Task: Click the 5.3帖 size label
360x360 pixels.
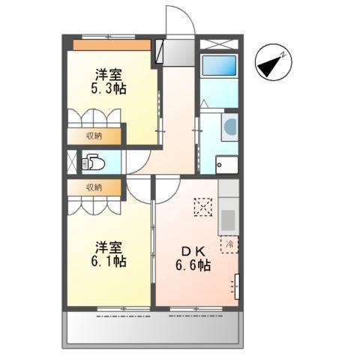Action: click(109, 88)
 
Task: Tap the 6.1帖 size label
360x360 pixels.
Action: click(109, 262)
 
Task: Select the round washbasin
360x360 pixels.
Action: click(230, 125)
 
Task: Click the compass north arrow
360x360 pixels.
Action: click(271, 65)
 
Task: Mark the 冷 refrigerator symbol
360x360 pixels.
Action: click(228, 244)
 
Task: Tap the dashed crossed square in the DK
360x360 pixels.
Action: click(202, 206)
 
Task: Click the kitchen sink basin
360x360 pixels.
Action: click(228, 220)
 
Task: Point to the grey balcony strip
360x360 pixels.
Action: click(154, 327)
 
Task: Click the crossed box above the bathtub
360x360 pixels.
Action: click(219, 43)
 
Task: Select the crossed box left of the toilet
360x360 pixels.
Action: click(71, 162)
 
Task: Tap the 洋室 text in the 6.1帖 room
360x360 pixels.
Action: click(109, 247)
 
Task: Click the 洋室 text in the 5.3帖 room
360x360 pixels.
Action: click(109, 73)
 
